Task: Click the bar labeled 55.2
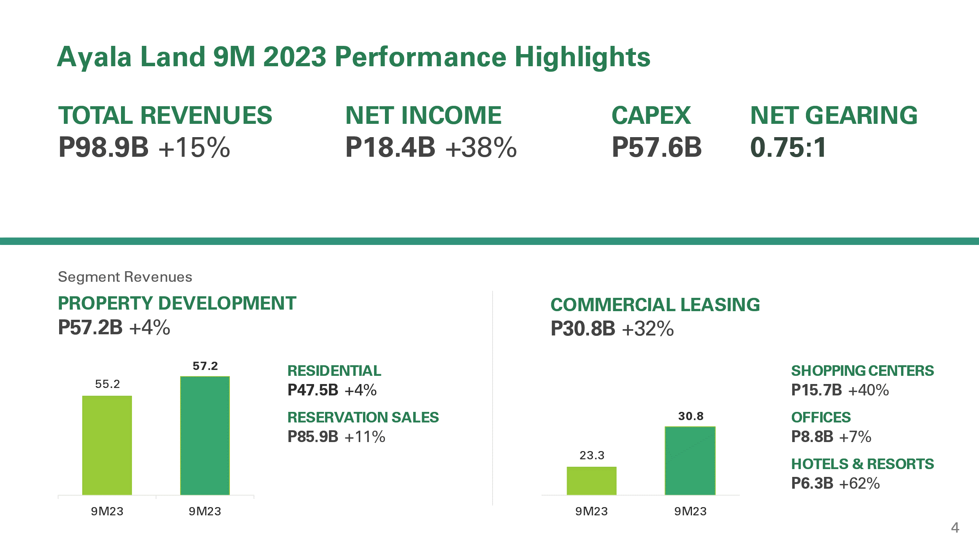point(107,445)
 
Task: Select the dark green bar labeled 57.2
point(205,435)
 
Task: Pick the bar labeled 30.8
point(690,460)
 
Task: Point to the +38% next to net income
point(481,148)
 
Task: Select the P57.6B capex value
point(657,147)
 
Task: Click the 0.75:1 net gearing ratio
point(788,147)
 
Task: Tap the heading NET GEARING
point(834,115)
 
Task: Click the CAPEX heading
point(651,115)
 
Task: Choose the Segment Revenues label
point(125,277)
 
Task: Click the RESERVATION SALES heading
point(363,417)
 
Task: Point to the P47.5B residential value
point(313,390)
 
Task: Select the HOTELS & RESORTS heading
point(862,464)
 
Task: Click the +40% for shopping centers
point(868,390)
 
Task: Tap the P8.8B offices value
point(812,437)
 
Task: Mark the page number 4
point(955,528)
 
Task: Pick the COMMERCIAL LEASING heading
point(655,305)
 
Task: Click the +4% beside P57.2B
point(150,328)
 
